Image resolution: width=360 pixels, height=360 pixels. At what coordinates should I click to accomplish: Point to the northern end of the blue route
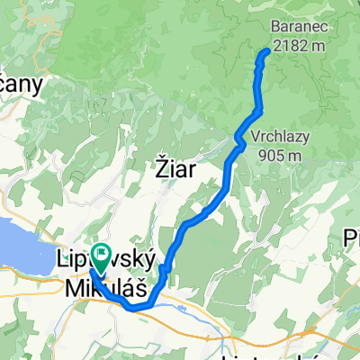[x=266, y=52]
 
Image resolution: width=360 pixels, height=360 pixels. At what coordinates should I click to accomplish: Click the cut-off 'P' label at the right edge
[x=353, y=238]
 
